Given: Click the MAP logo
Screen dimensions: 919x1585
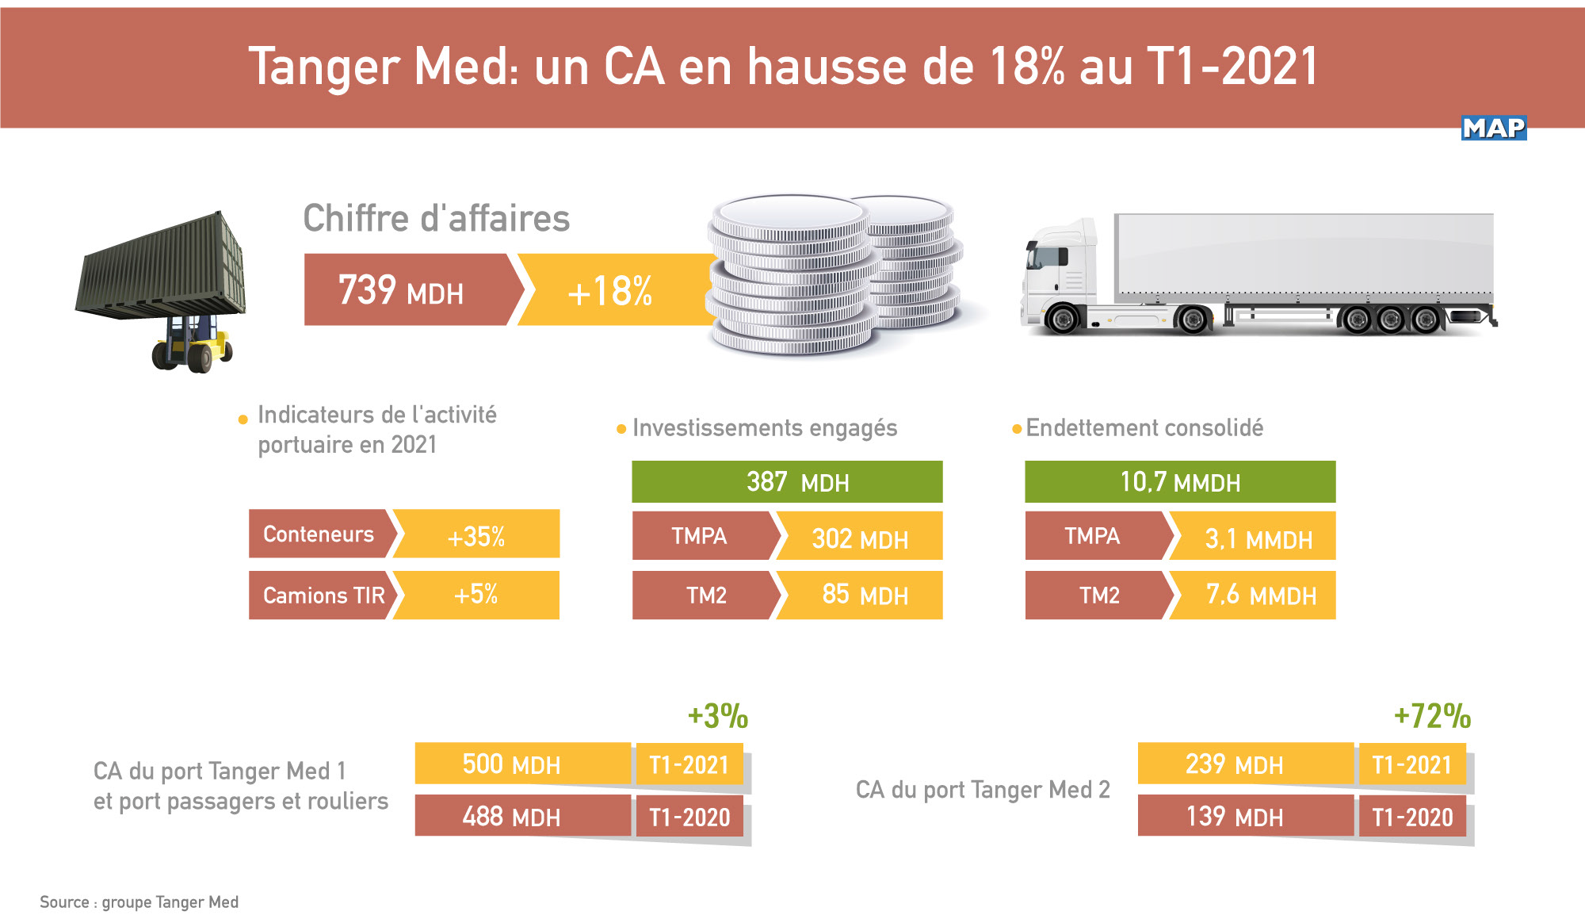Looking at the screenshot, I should point(1493,128).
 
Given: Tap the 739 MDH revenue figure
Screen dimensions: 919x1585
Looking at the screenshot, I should point(401,290).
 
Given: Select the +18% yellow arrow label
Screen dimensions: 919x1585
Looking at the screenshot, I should point(609,291).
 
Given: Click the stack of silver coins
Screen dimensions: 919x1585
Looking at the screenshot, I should point(832,274).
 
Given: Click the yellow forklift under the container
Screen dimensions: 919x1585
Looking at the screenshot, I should point(193,346).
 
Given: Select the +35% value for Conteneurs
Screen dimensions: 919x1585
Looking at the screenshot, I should point(475,536).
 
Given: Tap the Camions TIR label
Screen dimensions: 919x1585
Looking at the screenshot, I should point(323,595).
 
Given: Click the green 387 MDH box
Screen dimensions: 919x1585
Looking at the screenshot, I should point(787,482).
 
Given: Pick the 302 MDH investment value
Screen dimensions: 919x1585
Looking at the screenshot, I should point(860,539).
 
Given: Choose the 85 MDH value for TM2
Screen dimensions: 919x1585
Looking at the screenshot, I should point(864,595).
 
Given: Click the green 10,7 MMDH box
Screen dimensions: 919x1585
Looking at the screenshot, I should point(1180,482).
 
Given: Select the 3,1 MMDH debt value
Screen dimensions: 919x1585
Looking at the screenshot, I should point(1258,539).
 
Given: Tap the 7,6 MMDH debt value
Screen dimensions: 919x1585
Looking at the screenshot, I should point(1260,595).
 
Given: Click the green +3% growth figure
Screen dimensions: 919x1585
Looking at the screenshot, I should point(717,716).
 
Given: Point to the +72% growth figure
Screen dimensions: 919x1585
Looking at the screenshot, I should point(1432,716).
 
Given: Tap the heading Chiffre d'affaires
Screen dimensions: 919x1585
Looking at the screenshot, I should point(436,218).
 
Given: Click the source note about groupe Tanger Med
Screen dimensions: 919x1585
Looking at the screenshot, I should point(139,902).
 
